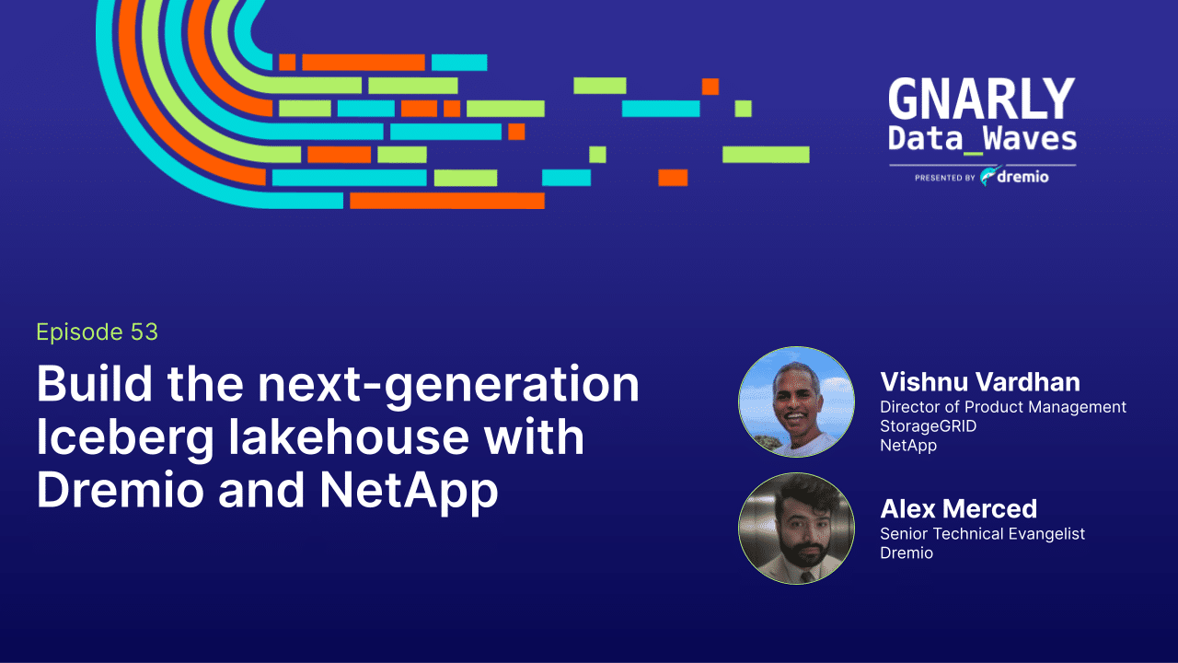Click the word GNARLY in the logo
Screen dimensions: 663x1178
(x=981, y=99)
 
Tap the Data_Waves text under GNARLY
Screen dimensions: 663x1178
(x=981, y=139)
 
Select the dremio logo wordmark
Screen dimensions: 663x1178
(x=1022, y=177)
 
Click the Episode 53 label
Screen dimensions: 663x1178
(x=97, y=332)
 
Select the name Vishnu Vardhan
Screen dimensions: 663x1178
(x=979, y=382)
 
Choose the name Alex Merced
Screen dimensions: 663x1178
(x=958, y=508)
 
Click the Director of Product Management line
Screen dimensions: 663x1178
(x=1002, y=407)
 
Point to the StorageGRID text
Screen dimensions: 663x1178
(x=928, y=426)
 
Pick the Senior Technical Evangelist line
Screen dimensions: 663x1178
(x=982, y=534)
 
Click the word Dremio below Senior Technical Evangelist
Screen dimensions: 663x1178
(x=906, y=553)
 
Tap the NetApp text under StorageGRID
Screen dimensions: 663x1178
(x=907, y=446)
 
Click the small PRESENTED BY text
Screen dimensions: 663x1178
(x=944, y=178)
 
